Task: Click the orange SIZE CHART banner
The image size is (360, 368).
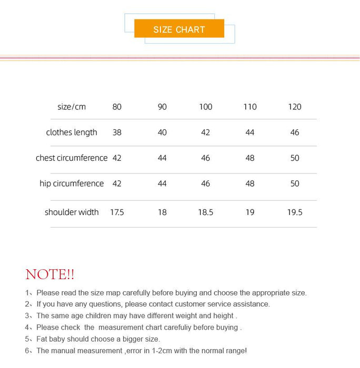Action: coord(179,29)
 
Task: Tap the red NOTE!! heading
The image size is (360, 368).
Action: coord(50,274)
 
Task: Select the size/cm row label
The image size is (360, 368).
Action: coord(72,107)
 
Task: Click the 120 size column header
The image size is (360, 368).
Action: coord(295,107)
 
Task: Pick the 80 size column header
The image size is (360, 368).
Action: coord(117,107)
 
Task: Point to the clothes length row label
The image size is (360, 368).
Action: coord(72,132)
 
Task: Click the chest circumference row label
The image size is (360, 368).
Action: coord(72,158)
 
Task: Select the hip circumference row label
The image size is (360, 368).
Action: coord(72,183)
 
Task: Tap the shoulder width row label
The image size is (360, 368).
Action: coord(72,212)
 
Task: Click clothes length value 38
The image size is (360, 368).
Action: coord(117,132)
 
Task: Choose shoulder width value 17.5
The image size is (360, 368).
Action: coord(117,212)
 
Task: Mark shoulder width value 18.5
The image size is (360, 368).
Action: coord(205,212)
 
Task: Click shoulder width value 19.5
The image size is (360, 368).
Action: coord(295,212)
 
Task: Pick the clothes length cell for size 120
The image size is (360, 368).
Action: coord(295,132)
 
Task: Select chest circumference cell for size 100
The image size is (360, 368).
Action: coord(205,158)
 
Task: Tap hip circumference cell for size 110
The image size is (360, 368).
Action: coord(250,183)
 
